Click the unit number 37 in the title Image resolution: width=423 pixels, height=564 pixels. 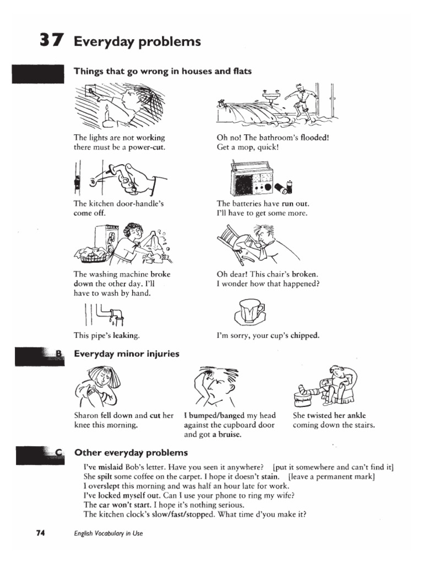click(x=51, y=41)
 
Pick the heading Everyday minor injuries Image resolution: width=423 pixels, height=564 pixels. click(x=127, y=354)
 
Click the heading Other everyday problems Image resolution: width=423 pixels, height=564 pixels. click(x=131, y=453)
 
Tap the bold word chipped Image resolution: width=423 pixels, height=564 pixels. click(x=305, y=335)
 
